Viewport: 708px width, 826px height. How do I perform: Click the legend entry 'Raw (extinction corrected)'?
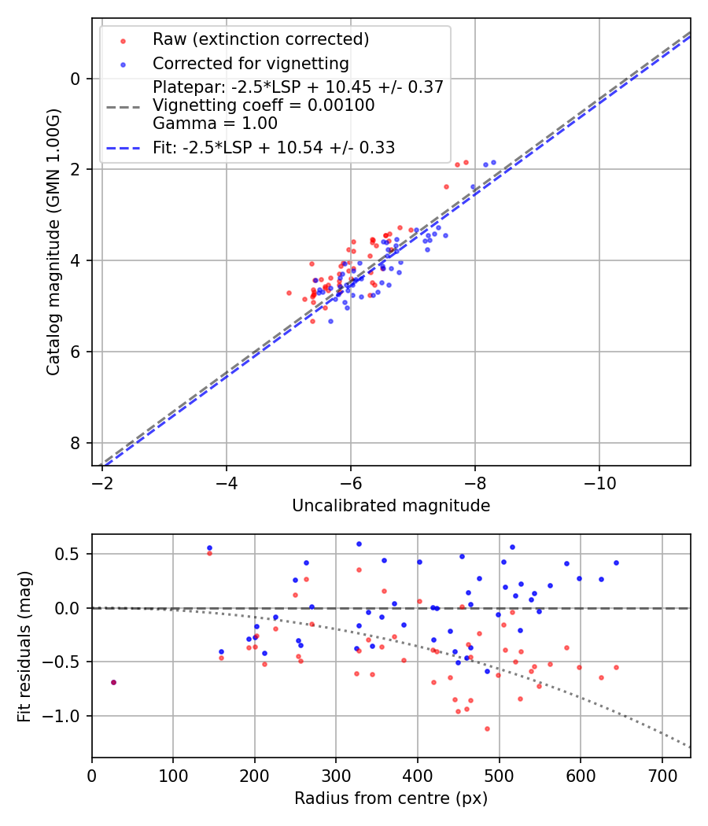point(260,39)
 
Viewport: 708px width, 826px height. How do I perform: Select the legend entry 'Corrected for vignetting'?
point(250,63)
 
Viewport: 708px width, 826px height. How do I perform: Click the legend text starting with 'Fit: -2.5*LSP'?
point(273,147)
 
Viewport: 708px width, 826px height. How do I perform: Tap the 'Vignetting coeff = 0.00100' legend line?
point(264,105)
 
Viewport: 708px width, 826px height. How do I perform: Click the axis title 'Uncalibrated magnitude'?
point(391,506)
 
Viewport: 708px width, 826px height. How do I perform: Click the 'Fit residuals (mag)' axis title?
point(24,646)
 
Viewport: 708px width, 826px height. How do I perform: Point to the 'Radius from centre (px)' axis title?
point(391,798)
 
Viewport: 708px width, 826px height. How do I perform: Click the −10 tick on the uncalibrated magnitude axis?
point(599,479)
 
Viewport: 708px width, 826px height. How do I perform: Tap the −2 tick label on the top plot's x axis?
point(102,479)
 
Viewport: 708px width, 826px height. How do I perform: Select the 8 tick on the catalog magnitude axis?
point(76,443)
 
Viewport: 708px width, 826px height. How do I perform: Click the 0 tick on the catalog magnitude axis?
point(76,78)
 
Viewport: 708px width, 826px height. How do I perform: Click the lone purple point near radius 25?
point(113,682)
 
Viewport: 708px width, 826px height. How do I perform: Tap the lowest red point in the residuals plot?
point(487,728)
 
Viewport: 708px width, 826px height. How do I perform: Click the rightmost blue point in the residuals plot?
point(616,562)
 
